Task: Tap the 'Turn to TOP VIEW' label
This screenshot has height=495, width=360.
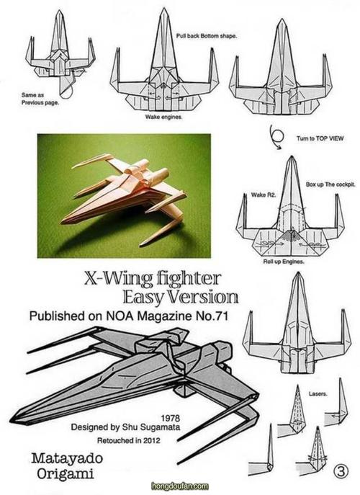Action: coord(319,138)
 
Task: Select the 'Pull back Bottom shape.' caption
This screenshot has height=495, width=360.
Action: coord(207,36)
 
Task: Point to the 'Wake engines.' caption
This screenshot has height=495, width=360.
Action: coord(163,117)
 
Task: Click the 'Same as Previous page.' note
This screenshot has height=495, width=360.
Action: coord(40,99)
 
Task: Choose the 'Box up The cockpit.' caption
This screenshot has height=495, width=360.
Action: coord(330,184)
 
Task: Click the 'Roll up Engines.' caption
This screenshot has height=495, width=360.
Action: coord(284,262)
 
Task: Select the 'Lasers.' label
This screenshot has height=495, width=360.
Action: coord(318,393)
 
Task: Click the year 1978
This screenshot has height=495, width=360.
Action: coord(171,419)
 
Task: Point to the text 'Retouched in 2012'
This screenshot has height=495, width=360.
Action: coord(128,440)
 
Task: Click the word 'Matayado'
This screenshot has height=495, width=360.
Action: coord(67,458)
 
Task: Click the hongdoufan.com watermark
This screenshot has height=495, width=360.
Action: coord(180,486)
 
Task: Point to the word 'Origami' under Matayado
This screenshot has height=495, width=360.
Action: coord(65,474)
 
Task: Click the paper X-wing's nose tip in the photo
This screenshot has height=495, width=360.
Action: coord(61,222)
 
